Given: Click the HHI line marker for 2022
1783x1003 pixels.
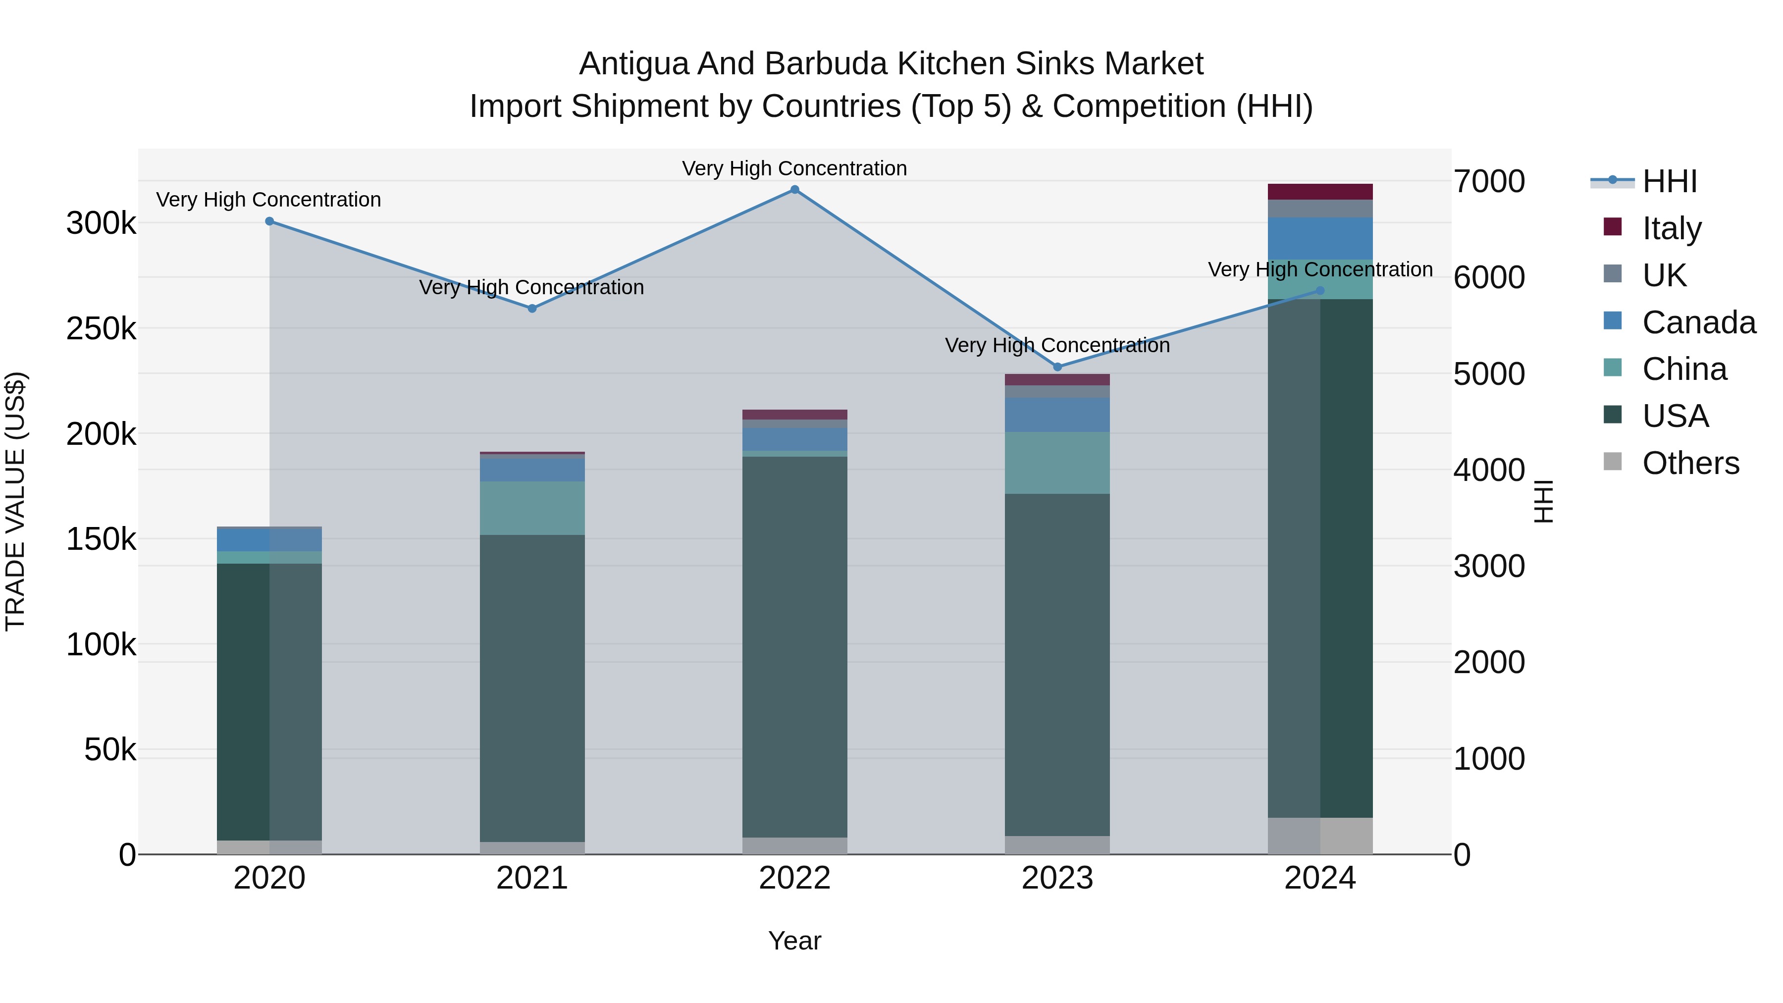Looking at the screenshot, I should (794, 190).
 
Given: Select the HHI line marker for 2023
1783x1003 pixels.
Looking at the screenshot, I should (1057, 367).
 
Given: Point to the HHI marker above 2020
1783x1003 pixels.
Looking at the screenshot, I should (269, 221).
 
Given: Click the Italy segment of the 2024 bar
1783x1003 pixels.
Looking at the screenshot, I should (1320, 192).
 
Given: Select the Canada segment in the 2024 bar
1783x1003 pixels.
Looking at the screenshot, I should (1320, 238).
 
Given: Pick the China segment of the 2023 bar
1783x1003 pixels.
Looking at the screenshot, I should (1057, 463).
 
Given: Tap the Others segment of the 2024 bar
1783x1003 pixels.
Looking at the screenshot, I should (1320, 836).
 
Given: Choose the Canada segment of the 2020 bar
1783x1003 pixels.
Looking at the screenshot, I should (269, 539).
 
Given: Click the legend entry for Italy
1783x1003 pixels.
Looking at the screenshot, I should (1672, 228).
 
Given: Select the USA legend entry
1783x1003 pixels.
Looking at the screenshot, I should (1675, 416).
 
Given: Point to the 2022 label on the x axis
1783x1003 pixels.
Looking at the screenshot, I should (794, 878).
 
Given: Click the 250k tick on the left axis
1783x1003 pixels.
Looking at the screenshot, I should (101, 329).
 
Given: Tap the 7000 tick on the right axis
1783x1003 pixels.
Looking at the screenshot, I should (1489, 181).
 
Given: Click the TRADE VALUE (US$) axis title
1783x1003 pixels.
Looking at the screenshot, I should (15, 501).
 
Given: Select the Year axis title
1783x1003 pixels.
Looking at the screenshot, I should (794, 941).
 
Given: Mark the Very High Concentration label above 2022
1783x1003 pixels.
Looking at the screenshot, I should (794, 168).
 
